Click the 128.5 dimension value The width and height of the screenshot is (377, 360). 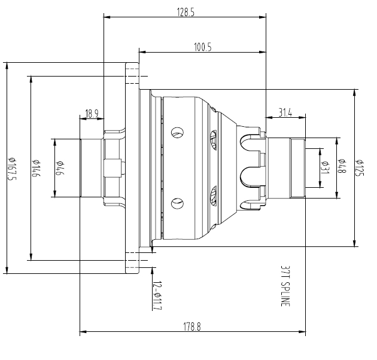184,12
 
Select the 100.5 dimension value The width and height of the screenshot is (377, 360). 203,47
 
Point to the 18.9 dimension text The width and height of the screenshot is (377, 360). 92,113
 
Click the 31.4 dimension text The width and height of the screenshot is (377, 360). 285,113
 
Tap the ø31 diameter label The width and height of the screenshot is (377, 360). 326,168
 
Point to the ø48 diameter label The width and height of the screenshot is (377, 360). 342,168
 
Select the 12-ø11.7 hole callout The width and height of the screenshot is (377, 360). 157,295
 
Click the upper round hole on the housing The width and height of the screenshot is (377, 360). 177,132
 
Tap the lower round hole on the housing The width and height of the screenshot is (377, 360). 177,203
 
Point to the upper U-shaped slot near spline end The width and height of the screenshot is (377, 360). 250,144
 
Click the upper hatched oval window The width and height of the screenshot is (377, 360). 214,140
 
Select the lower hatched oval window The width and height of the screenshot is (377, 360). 214,194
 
